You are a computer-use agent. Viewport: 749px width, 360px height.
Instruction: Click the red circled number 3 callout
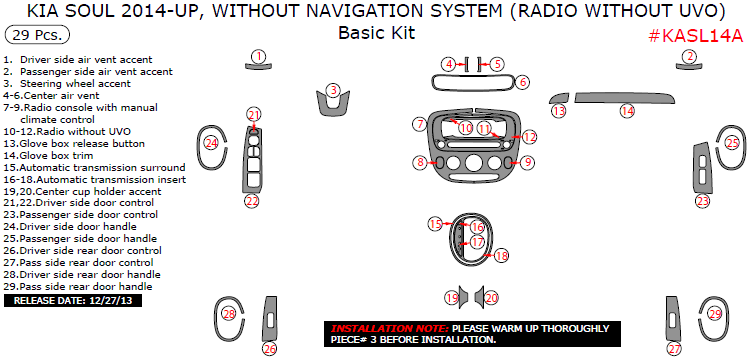334,90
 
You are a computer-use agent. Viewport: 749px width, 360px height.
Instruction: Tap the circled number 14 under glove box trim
627,111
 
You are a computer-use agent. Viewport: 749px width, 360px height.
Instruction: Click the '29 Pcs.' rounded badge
37,35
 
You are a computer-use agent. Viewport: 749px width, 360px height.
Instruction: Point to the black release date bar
73,301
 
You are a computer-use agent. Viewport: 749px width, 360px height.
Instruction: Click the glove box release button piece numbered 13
560,98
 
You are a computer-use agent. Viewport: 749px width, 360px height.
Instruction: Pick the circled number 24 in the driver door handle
211,142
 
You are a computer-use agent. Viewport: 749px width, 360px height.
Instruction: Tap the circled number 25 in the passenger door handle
732,142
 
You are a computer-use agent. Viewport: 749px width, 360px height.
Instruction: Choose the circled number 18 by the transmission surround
501,256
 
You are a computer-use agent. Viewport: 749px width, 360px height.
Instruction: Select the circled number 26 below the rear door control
270,349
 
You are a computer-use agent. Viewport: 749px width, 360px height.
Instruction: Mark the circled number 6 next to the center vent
523,82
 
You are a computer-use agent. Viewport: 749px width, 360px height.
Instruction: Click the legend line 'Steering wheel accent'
75,84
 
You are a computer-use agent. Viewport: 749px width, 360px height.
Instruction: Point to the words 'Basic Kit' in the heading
376,33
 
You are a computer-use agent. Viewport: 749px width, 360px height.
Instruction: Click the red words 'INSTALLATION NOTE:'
390,328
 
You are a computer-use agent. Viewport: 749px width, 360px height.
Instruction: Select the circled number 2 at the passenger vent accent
689,56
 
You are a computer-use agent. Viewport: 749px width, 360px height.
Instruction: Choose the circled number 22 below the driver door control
252,201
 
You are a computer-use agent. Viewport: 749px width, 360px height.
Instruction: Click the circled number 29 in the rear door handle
715,314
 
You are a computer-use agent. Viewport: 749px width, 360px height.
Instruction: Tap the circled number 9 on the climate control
528,162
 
